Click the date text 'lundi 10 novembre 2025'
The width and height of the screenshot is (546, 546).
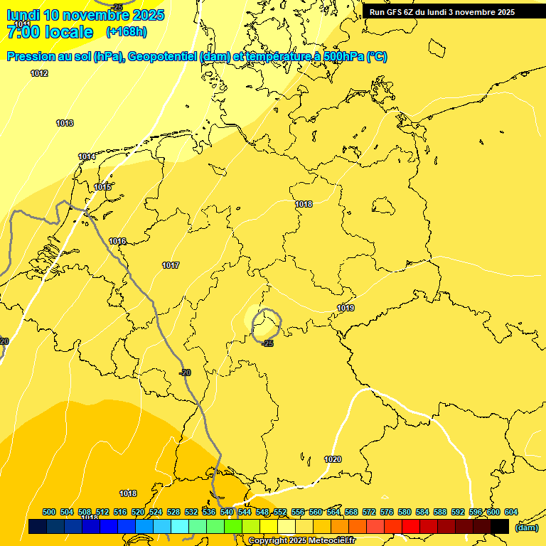pos(85,15)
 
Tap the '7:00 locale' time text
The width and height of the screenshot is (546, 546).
pos(50,32)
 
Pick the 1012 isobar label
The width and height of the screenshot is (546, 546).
pos(39,73)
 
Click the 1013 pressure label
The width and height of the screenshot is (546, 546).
pos(65,123)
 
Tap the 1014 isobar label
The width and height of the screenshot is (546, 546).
pos(87,156)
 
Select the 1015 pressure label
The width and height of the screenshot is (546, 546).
pos(102,187)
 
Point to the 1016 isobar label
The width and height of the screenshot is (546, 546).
pos(117,242)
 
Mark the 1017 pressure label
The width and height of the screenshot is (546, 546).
pos(170,265)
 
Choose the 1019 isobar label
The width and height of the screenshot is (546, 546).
pos(346,308)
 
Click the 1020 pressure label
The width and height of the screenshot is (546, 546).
pos(333,459)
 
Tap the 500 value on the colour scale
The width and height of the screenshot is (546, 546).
pos(49,512)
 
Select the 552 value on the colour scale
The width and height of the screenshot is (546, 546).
pos(280,512)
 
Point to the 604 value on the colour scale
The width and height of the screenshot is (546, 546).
pos(510,512)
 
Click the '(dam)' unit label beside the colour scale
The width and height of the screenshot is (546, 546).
pos(527,528)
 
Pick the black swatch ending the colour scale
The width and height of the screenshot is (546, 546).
pos(499,527)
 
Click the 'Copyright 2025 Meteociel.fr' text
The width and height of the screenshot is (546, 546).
pos(301,541)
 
